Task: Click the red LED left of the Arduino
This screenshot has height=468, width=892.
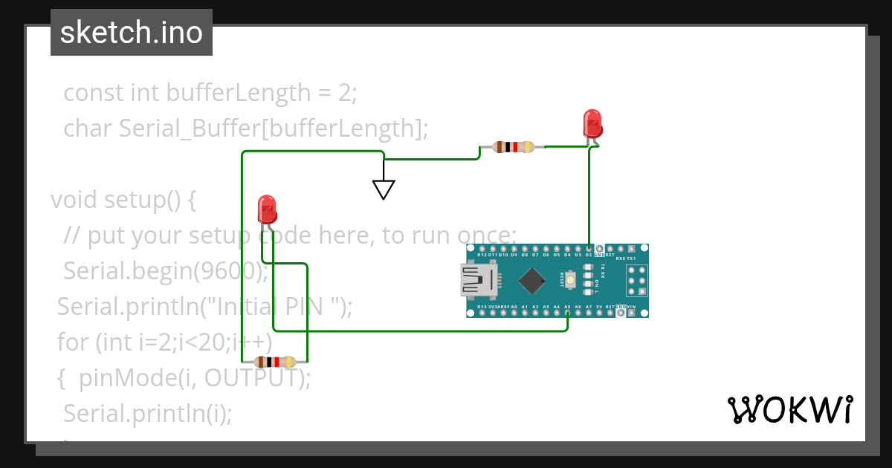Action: coord(266,209)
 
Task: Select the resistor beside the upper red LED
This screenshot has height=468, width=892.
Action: coord(514,147)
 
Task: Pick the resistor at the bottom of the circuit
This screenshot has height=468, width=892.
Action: coord(275,363)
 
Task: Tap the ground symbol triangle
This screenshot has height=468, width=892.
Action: coord(384,189)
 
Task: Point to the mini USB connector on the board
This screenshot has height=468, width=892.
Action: coord(479,281)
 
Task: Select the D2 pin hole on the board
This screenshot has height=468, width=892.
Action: coord(589,248)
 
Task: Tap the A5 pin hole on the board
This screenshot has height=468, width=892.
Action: coord(567,313)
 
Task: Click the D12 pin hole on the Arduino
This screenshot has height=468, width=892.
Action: coord(482,248)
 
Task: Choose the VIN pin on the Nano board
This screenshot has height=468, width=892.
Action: coord(631,313)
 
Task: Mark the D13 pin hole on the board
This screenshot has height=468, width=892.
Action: coord(482,313)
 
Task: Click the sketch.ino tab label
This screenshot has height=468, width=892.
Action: coord(132,33)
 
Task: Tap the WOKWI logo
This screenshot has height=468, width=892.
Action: coord(789,409)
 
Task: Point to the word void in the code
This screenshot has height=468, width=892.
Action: coord(74,200)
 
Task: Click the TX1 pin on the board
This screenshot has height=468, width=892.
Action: coord(631,248)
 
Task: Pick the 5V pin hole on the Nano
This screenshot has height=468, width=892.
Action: coord(599,313)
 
